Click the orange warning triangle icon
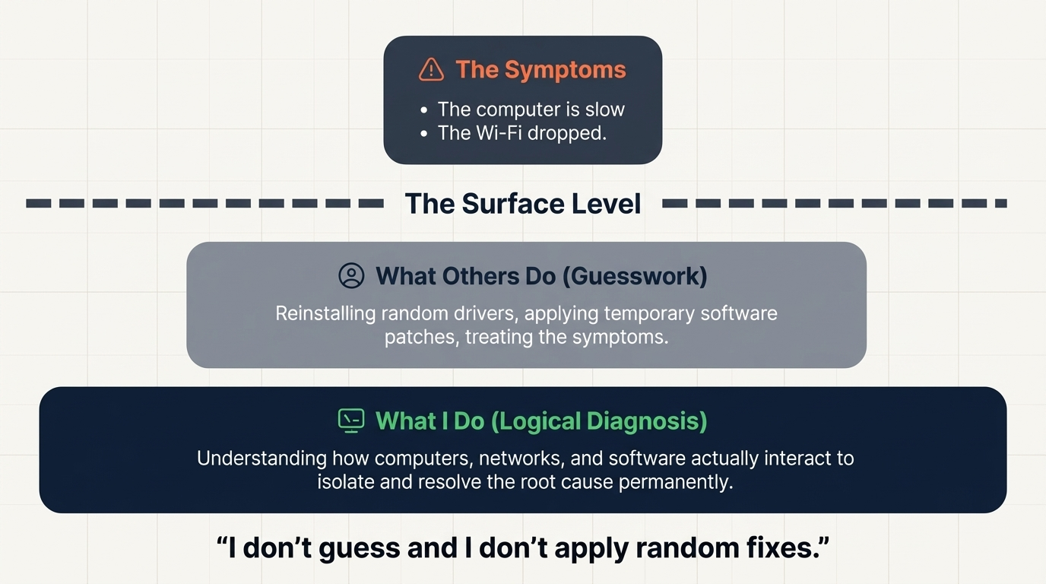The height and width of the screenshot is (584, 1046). pyautogui.click(x=431, y=69)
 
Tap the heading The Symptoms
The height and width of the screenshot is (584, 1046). pyautogui.click(x=540, y=69)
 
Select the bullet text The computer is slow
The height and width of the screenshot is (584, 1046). pyautogui.click(x=531, y=109)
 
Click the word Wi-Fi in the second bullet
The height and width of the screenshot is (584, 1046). pyautogui.click(x=496, y=133)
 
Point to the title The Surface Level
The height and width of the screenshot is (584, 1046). pyautogui.click(x=523, y=204)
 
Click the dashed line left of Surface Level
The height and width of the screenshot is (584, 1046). pyautogui.click(x=205, y=204)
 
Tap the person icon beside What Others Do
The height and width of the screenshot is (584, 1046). pyautogui.click(x=351, y=275)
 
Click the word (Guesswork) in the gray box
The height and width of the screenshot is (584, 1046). pyautogui.click(x=635, y=275)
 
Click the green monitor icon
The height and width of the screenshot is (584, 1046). pyautogui.click(x=351, y=421)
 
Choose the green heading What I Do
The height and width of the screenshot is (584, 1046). pyautogui.click(x=429, y=421)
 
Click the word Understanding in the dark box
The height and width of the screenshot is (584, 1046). pyautogui.click(x=262, y=459)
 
